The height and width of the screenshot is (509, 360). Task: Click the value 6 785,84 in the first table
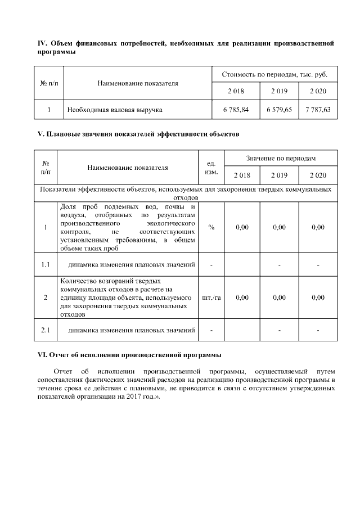coord(236,110)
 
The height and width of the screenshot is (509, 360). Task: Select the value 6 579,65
coord(279,110)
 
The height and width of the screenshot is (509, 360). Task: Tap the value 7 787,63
coord(318,110)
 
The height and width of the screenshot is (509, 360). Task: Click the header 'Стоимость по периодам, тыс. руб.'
coord(274,74)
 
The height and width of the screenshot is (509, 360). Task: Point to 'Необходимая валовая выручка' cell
coord(111,110)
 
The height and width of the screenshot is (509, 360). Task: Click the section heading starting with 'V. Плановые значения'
coord(138,134)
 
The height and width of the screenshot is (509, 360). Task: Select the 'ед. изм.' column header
coord(211,167)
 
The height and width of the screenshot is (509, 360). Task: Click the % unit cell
coord(211,227)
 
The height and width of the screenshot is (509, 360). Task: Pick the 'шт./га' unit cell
coord(211,298)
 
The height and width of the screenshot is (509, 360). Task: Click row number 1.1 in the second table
coord(46,264)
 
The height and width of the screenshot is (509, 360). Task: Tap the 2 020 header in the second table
coord(318,175)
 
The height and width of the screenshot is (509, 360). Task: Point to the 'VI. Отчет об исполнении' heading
coord(129,355)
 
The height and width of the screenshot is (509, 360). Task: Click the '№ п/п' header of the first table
coord(49,83)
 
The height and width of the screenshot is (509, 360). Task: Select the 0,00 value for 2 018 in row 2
coord(242,298)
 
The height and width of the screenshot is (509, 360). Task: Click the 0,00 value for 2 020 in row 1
coord(318,227)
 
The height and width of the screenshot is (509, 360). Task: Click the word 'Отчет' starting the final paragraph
coord(62,371)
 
